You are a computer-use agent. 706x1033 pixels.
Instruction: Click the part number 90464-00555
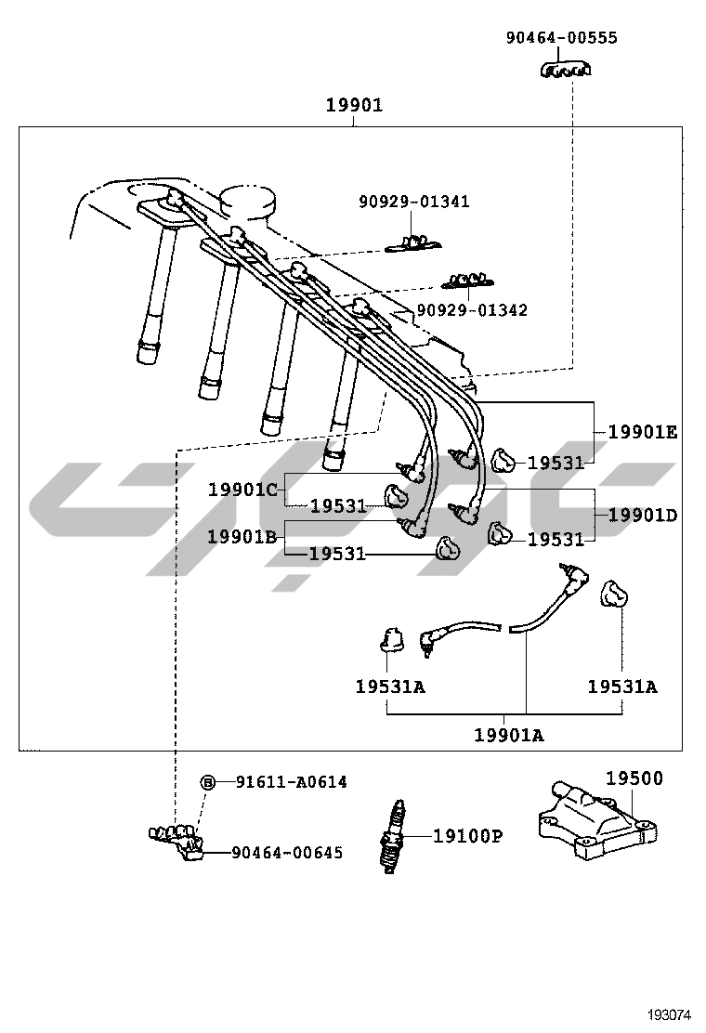pyautogui.click(x=561, y=38)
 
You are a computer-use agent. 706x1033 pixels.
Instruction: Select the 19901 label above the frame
pyautogui.click(x=354, y=106)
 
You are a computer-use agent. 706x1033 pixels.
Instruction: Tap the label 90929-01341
pyautogui.click(x=414, y=202)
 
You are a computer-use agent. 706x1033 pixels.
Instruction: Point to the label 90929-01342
pyautogui.click(x=471, y=309)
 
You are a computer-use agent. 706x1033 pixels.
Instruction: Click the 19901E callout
pyautogui.click(x=643, y=431)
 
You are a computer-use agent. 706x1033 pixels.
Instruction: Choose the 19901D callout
pyautogui.click(x=643, y=515)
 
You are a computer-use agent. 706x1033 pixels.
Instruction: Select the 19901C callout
pyautogui.click(x=242, y=489)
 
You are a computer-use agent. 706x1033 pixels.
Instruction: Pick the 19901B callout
pyautogui.click(x=242, y=536)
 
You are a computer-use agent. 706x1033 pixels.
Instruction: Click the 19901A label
pyautogui.click(x=509, y=735)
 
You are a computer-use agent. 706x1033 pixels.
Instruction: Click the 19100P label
pyautogui.click(x=467, y=836)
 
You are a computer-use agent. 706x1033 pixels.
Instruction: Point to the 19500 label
pyautogui.click(x=634, y=778)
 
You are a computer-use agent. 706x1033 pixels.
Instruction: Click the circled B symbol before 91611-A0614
pyautogui.click(x=209, y=782)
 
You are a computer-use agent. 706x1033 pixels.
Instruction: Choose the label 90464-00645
pyautogui.click(x=286, y=852)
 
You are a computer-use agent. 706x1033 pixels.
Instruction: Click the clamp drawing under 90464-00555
pyautogui.click(x=567, y=70)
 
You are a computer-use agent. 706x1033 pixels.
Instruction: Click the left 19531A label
pyautogui.click(x=390, y=686)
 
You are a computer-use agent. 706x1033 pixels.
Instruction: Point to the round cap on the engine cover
pyautogui.click(x=249, y=199)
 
